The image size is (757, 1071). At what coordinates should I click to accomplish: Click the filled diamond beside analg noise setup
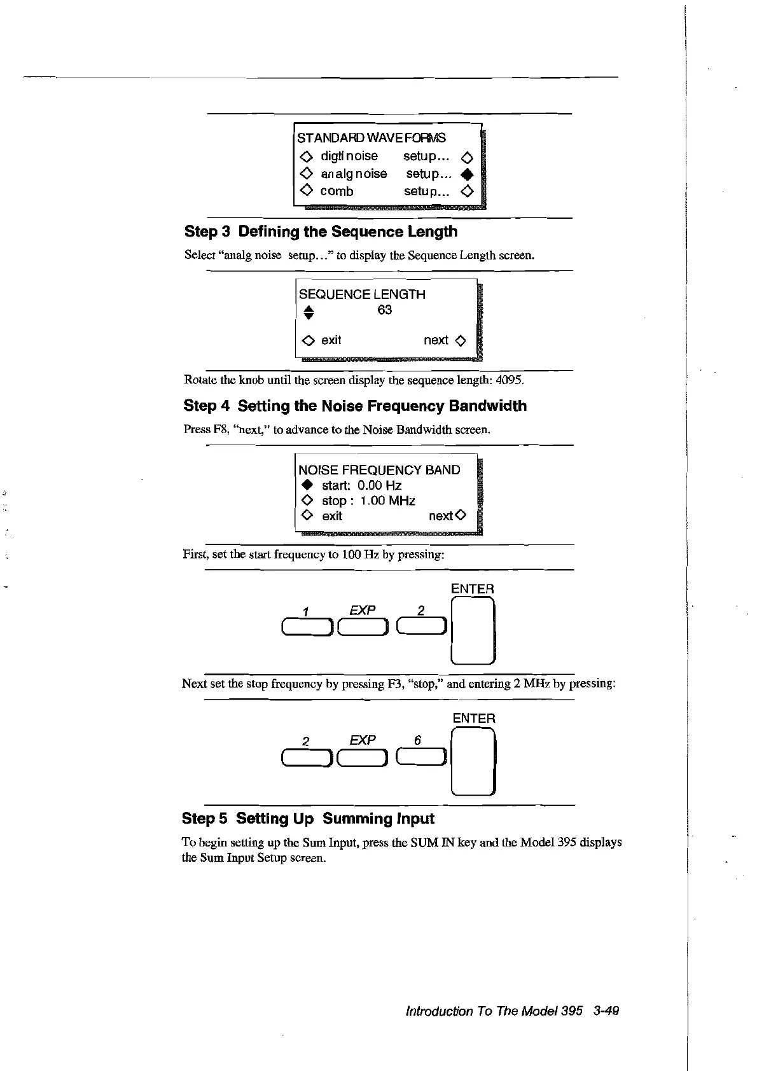(468, 174)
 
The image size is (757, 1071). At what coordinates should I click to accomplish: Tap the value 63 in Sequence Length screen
(385, 310)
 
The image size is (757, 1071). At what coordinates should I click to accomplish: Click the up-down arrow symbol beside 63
(309, 312)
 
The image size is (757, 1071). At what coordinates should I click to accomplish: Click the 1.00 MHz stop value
(387, 501)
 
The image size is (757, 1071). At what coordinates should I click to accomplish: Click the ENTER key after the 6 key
(473, 761)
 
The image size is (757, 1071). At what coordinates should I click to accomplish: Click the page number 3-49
(605, 1011)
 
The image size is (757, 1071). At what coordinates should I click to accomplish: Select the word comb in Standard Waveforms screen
(337, 191)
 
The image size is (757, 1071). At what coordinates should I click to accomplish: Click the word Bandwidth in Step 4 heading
(487, 406)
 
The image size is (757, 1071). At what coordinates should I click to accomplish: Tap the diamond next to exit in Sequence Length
(308, 341)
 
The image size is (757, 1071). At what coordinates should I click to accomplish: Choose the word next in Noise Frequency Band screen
(440, 516)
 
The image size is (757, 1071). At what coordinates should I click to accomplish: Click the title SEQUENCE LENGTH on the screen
(362, 294)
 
